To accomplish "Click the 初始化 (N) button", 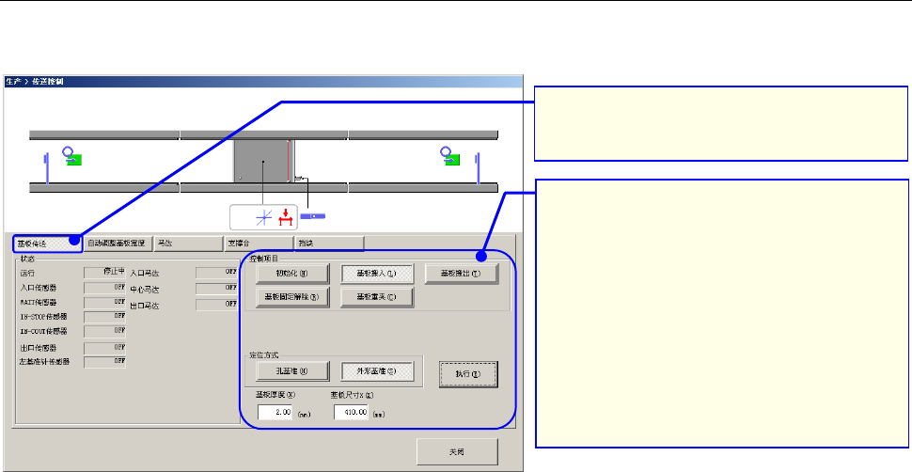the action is [x=292, y=274].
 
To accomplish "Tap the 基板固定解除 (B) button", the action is [x=292, y=298].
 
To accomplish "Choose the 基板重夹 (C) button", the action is [x=375, y=298].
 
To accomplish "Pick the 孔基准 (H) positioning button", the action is [x=292, y=370].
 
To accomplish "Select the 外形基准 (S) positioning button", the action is [x=375, y=370].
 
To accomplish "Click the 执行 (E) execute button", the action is [x=467, y=374].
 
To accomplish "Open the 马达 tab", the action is [x=188, y=243].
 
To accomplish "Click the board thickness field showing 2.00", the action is [x=276, y=412].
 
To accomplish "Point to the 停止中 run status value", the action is [x=105, y=272].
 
